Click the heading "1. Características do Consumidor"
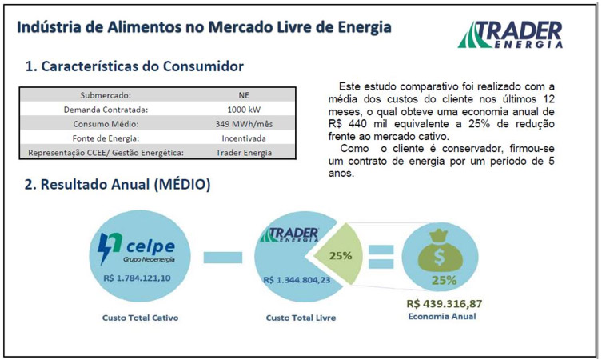point(134,66)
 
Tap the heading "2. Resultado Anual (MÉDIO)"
point(118,185)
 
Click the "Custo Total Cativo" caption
point(140,318)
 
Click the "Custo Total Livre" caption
point(299,318)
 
